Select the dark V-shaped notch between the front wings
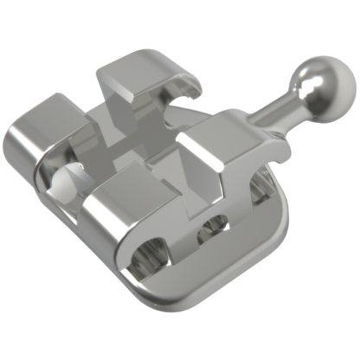tap(186, 186)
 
